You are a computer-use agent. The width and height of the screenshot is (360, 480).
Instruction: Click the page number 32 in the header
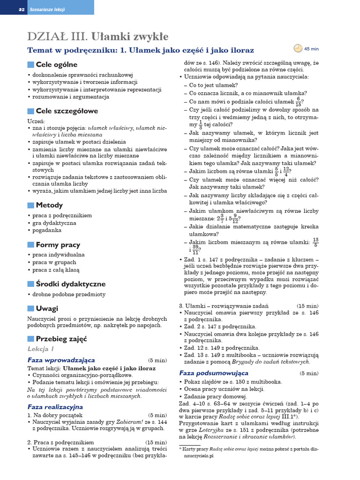tap(21, 9)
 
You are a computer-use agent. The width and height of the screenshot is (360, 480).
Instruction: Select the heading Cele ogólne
tap(56, 65)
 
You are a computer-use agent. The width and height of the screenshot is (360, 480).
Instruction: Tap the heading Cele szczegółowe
tap(67, 111)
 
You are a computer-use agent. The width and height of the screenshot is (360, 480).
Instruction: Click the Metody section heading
tap(49, 205)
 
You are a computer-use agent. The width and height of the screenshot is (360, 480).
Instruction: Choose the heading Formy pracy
tap(58, 245)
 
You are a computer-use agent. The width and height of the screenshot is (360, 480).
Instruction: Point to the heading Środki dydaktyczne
tap(70, 284)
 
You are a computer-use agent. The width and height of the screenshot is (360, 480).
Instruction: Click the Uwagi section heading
tap(47, 308)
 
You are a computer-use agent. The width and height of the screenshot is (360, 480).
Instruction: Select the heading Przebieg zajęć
tap(61, 339)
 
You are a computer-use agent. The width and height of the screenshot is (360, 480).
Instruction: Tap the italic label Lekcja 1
tap(41, 349)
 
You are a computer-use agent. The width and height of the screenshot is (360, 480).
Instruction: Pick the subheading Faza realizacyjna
tap(55, 407)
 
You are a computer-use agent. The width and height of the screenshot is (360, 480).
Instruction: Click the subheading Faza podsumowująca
tap(214, 373)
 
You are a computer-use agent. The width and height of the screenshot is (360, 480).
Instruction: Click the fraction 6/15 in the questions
tap(298, 102)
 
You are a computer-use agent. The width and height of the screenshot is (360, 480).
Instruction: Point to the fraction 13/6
tap(315, 242)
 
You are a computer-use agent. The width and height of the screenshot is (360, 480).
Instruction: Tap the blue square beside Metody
tap(31, 205)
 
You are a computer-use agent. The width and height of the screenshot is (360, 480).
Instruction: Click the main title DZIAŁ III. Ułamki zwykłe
tap(98, 37)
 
